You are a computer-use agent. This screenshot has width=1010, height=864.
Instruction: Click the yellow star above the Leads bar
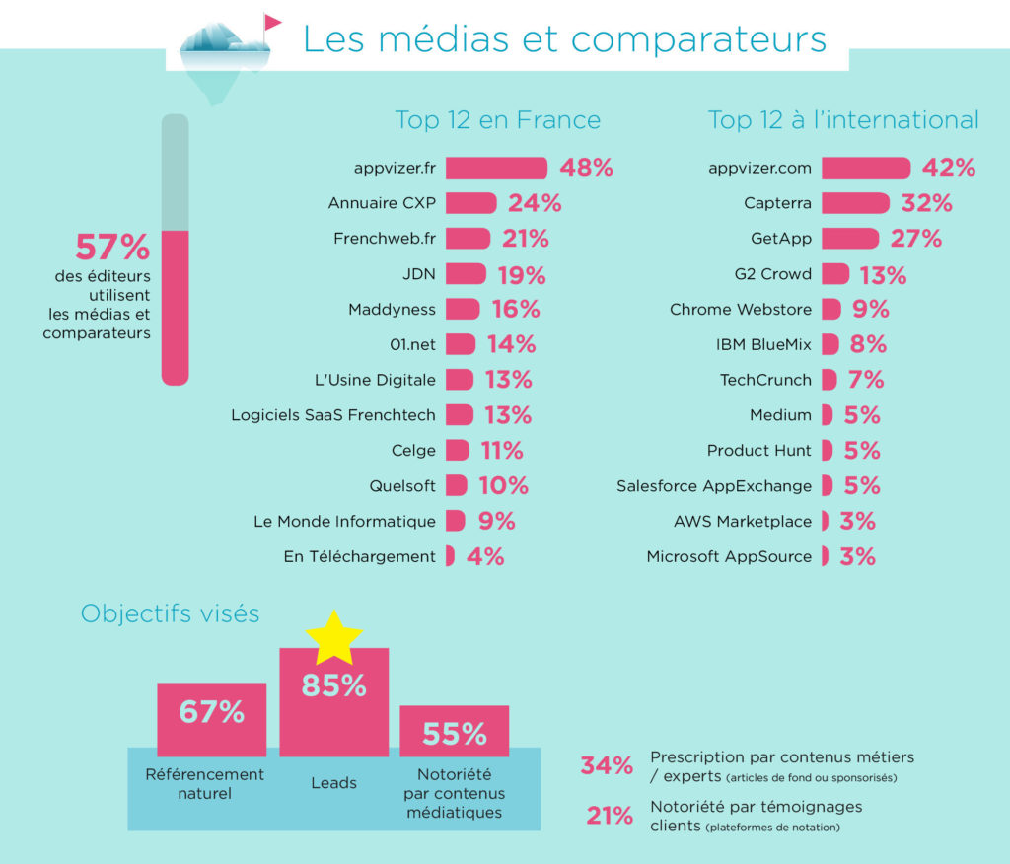(334, 637)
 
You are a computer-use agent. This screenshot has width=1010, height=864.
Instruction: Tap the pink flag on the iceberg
(271, 23)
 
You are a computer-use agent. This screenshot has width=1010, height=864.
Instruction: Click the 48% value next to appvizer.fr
(587, 168)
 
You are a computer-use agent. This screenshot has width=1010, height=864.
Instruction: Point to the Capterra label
(777, 203)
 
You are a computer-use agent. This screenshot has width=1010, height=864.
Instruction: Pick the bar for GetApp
(849, 239)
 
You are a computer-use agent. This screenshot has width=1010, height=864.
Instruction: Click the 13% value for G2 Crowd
(882, 274)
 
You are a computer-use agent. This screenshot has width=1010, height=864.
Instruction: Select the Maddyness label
(392, 310)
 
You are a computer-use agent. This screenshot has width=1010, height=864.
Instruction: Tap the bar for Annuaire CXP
(470, 203)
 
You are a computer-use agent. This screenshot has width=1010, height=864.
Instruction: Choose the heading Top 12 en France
(497, 120)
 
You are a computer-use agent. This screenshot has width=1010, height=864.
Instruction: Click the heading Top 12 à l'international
(843, 120)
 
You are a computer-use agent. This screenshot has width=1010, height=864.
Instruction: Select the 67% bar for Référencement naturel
(211, 712)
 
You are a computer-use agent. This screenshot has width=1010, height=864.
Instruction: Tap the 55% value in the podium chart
(455, 734)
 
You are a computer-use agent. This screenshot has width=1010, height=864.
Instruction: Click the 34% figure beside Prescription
(607, 765)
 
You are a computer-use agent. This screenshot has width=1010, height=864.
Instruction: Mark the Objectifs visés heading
(170, 613)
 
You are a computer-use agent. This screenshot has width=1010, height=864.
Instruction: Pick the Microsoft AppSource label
(729, 556)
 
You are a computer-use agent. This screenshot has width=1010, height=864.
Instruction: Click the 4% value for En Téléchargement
(485, 556)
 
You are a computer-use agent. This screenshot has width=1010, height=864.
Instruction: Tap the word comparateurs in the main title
(697, 39)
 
